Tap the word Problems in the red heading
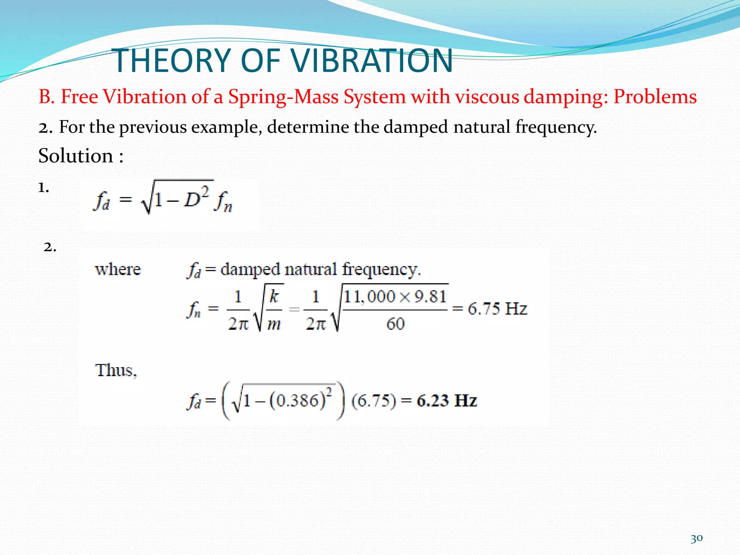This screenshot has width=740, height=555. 655,97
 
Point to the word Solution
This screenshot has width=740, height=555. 76,156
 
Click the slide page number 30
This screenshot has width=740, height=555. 696,538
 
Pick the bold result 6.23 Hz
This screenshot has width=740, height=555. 447,401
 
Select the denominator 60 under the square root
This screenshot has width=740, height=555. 395,324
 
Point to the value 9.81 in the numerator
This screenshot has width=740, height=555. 430,297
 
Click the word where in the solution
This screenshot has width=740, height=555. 118,270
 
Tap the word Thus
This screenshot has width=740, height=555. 116,371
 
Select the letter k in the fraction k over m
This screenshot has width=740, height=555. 274,296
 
